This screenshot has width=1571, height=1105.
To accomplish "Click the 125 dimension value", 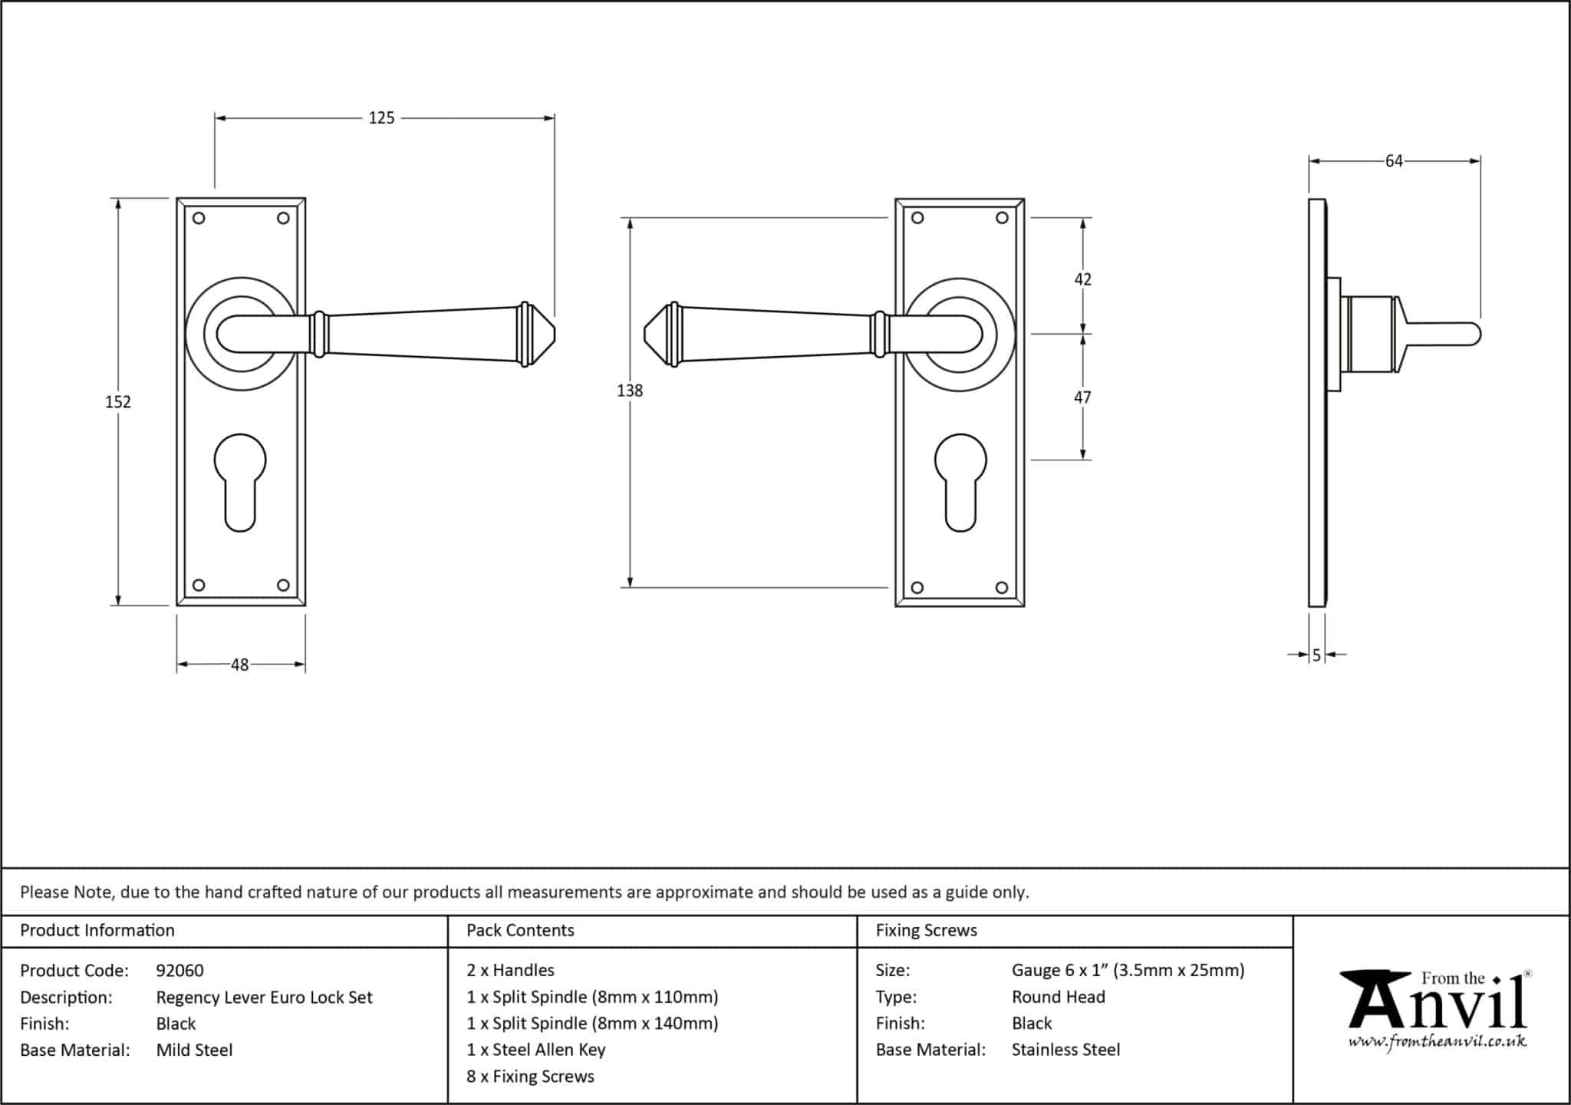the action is [x=381, y=118].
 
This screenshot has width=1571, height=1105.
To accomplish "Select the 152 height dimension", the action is [x=118, y=402].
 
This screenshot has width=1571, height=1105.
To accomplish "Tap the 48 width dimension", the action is [x=240, y=665].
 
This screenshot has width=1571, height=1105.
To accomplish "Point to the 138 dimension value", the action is [x=630, y=391].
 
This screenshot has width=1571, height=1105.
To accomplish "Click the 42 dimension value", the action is [x=1082, y=279].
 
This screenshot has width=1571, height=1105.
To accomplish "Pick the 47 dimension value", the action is [x=1082, y=397].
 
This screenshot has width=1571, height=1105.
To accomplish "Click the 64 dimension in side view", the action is [x=1394, y=161].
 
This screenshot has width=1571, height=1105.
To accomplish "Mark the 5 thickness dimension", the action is [x=1316, y=655].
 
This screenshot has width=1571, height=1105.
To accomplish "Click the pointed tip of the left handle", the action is [x=555, y=335].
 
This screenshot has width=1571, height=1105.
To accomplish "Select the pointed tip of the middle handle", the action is [x=644, y=335].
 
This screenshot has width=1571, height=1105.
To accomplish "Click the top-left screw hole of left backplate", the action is [x=199, y=218].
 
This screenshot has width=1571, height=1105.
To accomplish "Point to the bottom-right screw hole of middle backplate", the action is [x=1001, y=588].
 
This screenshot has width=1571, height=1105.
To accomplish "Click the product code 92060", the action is [x=180, y=971].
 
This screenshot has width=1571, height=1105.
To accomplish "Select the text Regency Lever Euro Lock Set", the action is [x=265, y=998].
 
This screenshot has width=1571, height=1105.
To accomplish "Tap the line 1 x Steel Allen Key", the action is [x=536, y=1050].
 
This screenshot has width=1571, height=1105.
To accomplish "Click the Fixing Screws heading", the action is [x=927, y=931].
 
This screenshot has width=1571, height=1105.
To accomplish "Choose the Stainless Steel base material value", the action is [x=1065, y=1050].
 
